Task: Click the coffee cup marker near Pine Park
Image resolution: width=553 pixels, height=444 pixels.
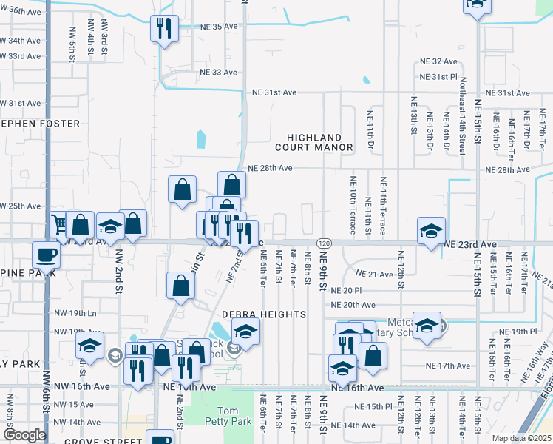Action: pos(46,256)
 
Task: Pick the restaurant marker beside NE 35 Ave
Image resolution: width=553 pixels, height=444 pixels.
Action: pos(163,30)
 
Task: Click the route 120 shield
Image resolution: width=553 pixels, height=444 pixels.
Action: pos(323,243)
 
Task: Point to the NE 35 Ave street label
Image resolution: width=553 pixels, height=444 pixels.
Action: pos(219,27)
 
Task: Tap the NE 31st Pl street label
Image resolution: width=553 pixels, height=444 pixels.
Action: pos(439,77)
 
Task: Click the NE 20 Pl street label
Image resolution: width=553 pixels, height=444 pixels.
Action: pos(346,291)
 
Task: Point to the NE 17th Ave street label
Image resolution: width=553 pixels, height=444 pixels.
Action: pos(448,366)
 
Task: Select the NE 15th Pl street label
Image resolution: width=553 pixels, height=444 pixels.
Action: pos(372,407)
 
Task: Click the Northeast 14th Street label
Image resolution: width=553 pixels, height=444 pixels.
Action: pos(463,115)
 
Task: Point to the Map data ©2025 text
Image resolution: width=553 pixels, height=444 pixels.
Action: pos(521,438)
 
